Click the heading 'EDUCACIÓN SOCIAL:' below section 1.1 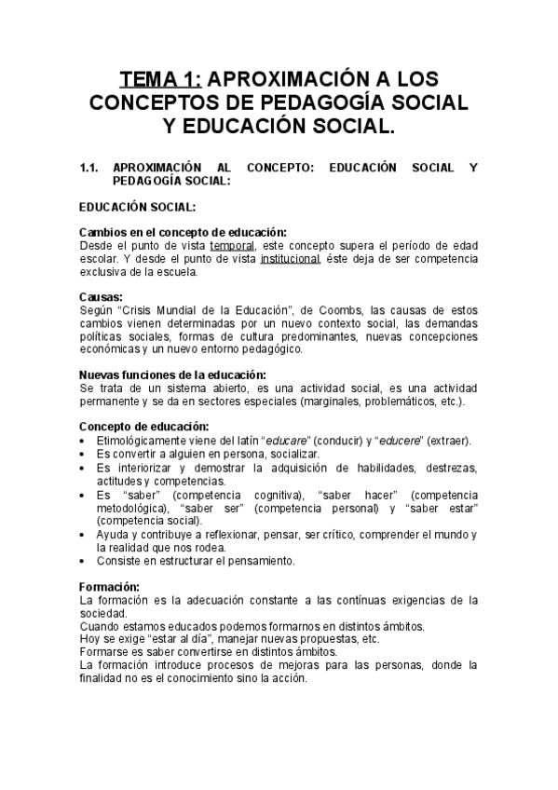coord(137,208)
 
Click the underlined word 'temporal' coord(231,245)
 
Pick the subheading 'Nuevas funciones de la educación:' coord(173,375)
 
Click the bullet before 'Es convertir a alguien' coord(84,454)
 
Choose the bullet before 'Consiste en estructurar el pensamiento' coord(84,561)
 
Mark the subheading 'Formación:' coord(110,587)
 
